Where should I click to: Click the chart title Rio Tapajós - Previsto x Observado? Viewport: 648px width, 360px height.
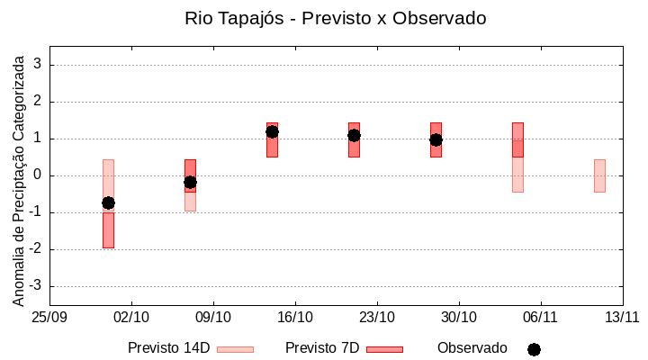coord(336,18)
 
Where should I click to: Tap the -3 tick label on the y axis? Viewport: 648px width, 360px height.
coord(36,286)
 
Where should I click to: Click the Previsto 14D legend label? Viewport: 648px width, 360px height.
coord(169,348)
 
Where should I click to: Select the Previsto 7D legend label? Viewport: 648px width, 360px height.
coord(322,348)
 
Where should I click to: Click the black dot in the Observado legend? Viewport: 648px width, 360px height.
coord(534,349)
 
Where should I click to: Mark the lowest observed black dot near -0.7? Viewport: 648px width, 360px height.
coord(108,202)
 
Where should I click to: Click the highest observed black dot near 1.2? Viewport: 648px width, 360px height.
coord(272,131)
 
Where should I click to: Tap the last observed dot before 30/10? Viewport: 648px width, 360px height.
coord(436,139)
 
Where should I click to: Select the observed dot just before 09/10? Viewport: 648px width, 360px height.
coord(190,182)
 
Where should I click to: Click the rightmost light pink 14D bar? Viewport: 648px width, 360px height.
coord(599,175)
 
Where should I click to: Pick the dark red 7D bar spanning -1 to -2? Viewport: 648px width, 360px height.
coord(108,230)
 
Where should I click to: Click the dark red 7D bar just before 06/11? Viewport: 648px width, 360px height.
coord(517,139)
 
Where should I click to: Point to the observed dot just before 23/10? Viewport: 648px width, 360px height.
coord(354,135)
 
